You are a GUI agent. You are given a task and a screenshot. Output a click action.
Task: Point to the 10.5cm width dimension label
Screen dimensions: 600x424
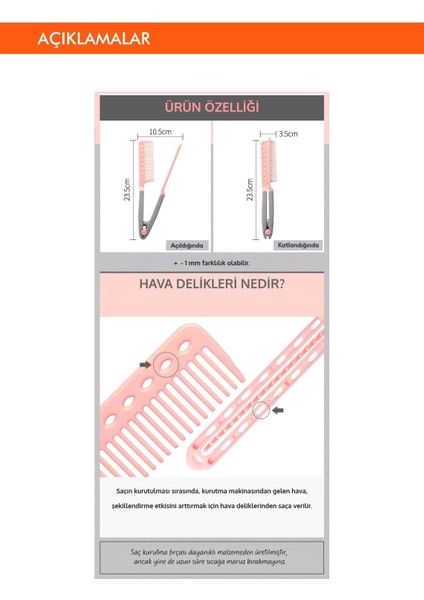160,132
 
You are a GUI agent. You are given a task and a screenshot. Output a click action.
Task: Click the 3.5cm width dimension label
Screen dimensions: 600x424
287,133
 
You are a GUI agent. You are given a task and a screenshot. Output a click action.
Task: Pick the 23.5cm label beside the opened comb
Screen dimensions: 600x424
128,190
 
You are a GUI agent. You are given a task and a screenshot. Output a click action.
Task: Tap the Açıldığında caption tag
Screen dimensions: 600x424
186,245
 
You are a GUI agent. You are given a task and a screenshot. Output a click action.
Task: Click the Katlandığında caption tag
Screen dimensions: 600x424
298,245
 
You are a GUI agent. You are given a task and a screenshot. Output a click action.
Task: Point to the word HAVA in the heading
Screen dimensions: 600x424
159,285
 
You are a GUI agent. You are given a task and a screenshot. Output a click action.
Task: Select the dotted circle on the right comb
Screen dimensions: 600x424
262,408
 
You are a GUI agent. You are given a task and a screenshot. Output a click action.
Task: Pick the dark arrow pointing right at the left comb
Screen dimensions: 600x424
146,367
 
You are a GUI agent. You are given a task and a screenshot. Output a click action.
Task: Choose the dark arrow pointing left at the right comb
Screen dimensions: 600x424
279,408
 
